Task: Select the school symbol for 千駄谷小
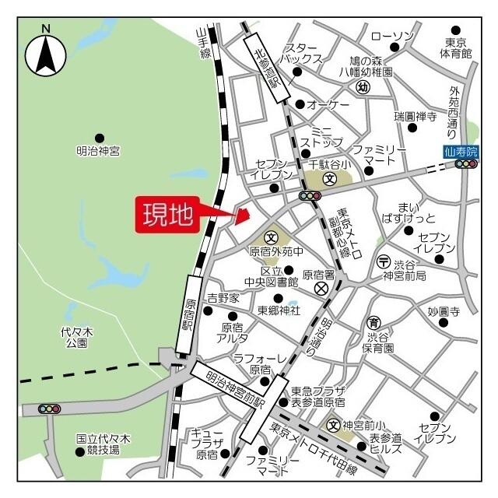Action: (x=330, y=178)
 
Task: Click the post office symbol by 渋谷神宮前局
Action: (x=383, y=261)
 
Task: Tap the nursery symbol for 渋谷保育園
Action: (x=373, y=323)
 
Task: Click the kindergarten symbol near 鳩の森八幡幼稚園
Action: (x=362, y=87)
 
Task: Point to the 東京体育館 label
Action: (x=455, y=47)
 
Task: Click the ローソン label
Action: (x=391, y=36)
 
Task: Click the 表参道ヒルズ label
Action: (x=386, y=444)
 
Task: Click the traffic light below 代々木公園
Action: (x=50, y=409)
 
